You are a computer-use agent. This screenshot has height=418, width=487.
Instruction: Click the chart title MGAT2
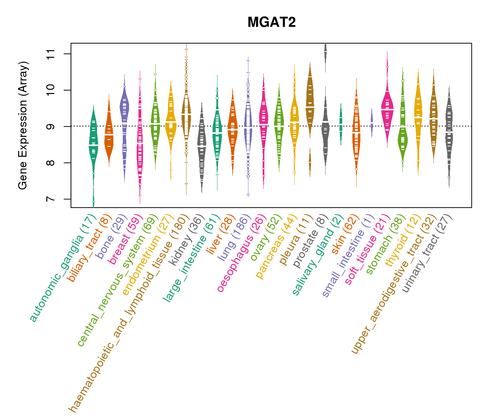coord(271,23)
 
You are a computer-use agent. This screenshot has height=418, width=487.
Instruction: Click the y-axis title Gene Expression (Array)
coord(23,126)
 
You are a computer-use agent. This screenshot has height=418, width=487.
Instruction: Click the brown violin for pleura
coord(310,101)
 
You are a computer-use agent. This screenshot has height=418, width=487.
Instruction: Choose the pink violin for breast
coord(140,146)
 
